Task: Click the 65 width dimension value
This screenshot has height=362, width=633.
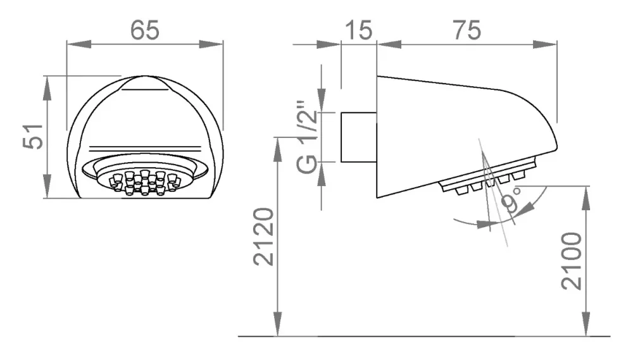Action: click(x=145, y=30)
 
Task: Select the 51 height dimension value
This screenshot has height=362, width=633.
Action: click(x=33, y=137)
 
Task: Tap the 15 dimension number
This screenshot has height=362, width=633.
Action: click(x=359, y=30)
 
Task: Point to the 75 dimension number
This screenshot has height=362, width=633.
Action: click(x=467, y=30)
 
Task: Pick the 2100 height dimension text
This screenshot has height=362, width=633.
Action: click(x=571, y=261)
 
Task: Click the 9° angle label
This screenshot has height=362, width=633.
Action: click(x=511, y=199)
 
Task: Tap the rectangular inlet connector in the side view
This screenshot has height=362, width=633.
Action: click(x=359, y=137)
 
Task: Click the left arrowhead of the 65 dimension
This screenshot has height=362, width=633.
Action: click(x=78, y=44)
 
